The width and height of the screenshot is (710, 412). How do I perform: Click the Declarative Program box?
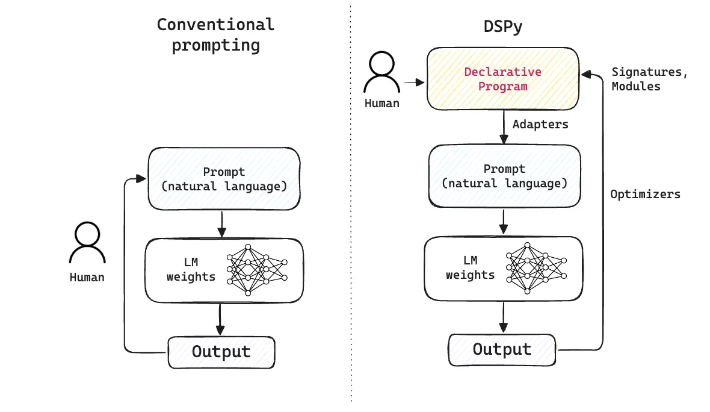tap(502, 79)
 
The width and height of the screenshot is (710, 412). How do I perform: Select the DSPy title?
tap(502, 27)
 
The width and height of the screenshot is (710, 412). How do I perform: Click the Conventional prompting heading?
tap(215, 35)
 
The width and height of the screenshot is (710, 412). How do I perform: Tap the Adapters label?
tap(540, 124)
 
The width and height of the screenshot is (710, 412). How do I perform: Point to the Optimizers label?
tap(645, 194)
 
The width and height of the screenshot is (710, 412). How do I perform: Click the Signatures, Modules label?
tap(649, 79)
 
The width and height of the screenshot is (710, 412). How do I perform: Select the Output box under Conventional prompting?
tap(221, 352)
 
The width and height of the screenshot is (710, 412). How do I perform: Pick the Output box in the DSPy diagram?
tap(502, 350)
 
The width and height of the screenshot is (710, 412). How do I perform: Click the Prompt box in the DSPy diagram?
tap(504, 176)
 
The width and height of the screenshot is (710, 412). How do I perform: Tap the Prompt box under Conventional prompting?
tap(224, 178)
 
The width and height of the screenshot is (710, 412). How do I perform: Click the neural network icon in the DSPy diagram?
tap(536, 268)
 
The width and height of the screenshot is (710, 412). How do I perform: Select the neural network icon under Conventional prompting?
tap(257, 270)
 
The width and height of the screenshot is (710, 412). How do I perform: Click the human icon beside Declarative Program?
tap(381, 72)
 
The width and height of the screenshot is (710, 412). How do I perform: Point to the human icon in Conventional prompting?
tap(87, 243)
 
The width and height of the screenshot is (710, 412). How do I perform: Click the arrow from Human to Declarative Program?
tap(415, 83)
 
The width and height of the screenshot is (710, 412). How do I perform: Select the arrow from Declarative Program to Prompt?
tap(504, 127)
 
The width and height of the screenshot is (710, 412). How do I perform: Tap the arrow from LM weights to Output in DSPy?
tap(503, 317)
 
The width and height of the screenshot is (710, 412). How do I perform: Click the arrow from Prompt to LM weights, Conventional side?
tap(222, 224)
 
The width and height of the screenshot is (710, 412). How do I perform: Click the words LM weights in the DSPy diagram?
tap(471, 267)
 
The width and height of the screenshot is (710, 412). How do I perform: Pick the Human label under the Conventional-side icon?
tap(87, 278)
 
